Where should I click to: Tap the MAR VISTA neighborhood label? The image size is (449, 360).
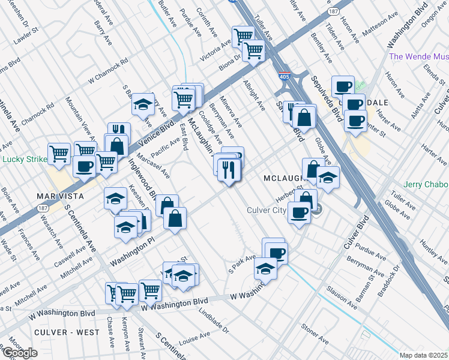pyautogui.click(x=58, y=196)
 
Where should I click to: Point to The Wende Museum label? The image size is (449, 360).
pyautogui.click(x=419, y=57)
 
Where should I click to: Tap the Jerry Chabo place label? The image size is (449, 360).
pyautogui.click(x=426, y=184)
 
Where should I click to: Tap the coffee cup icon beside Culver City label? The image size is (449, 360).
pyautogui.click(x=299, y=211)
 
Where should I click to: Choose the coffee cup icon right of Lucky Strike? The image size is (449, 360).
pyautogui.click(x=84, y=165)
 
